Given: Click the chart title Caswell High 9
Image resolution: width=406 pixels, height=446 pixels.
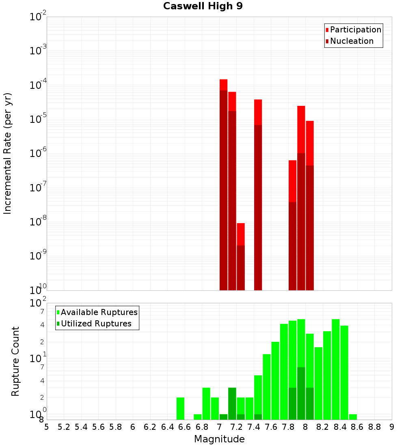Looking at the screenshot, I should pyautogui.click(x=203, y=6).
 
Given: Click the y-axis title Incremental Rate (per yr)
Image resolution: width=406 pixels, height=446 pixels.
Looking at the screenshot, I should pyautogui.click(x=8, y=153).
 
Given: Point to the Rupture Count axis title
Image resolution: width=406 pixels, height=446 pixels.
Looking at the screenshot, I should pyautogui.click(x=15, y=361).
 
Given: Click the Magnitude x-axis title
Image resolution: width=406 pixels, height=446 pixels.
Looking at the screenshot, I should pyautogui.click(x=219, y=439).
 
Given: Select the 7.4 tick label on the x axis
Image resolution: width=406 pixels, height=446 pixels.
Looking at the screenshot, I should pyautogui.click(x=254, y=427).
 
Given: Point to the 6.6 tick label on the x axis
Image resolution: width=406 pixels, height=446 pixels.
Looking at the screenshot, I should pyautogui.click(x=185, y=427).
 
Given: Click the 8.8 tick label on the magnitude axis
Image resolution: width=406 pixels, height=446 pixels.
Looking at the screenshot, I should pyautogui.click(x=374, y=427).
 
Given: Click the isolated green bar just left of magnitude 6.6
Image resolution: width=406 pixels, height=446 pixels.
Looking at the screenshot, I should pyautogui.click(x=181, y=408).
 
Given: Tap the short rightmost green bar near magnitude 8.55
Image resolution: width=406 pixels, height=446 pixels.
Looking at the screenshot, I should pyautogui.click(x=353, y=417).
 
